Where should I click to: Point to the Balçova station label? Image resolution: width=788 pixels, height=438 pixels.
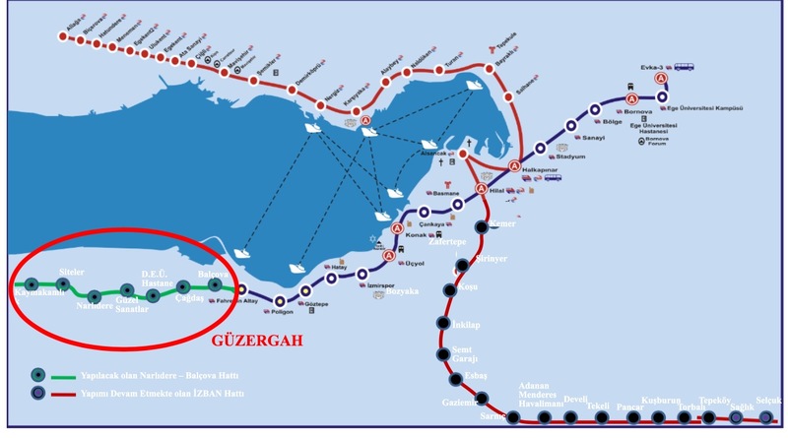pos(213,274)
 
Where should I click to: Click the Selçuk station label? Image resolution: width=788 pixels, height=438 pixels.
pos(768,400)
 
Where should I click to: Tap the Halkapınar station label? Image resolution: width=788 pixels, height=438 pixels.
pos(538,170)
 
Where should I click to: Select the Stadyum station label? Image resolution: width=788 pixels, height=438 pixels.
pos(570,156)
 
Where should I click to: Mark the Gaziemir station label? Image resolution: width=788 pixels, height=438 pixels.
pos(459,402)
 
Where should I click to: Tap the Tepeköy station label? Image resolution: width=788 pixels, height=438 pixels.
pos(714,401)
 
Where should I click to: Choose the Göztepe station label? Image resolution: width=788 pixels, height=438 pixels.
pos(315,305)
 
